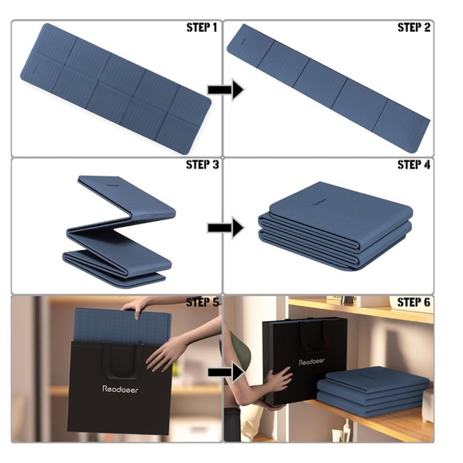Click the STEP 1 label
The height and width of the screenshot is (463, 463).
pos(202,27)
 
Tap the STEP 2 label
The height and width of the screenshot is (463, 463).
pos(414,27)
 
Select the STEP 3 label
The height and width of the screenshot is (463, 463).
pos(202,164)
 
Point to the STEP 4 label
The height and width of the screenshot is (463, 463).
pos(414,164)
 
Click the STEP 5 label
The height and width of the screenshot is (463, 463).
pos(203,302)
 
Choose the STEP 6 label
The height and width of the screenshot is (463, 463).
pos(414,302)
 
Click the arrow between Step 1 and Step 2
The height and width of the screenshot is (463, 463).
pos(226,89)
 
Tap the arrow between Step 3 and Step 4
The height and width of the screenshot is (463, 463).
pos(226,228)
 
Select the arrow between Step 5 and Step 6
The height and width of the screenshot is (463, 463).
pos(226,372)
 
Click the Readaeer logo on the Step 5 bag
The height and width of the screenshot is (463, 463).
pos(121,390)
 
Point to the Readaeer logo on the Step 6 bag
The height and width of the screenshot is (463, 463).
pos(311,362)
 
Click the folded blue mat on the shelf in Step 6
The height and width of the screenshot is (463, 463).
pos(373,390)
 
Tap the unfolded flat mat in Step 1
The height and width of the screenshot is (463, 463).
pos(116,89)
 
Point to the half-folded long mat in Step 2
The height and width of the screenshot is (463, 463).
pos(328,89)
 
